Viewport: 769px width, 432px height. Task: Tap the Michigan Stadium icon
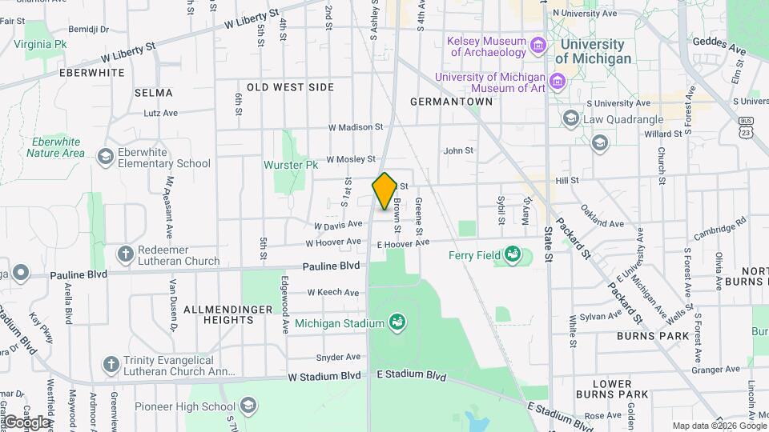(396, 323)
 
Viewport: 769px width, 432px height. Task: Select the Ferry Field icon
(512, 256)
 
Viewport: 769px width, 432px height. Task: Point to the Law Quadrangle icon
(570, 119)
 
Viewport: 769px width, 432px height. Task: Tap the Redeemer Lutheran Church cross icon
(125, 254)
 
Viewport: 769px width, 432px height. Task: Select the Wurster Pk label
(291, 166)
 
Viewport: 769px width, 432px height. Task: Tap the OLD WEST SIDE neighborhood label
(290, 86)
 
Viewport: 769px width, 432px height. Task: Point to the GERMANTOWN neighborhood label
(451, 102)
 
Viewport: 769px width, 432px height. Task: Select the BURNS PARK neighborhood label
(653, 337)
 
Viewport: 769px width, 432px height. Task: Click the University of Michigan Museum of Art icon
(558, 82)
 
